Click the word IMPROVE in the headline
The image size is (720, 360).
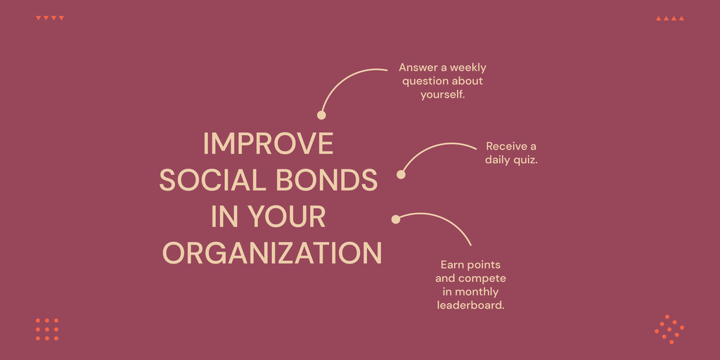tap(268, 143)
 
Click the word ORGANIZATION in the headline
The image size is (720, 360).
tap(272, 253)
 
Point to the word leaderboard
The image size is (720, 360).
tap(470, 305)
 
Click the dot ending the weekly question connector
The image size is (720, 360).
tap(321, 115)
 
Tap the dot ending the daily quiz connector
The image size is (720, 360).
tap(401, 174)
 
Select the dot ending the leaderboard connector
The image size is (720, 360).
tap(396, 219)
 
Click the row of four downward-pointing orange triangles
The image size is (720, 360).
tap(50, 18)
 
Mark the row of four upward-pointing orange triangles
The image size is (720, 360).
tap(670, 18)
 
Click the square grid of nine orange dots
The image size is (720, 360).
tap(47, 329)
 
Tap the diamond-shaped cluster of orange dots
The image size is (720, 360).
tap(669, 329)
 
